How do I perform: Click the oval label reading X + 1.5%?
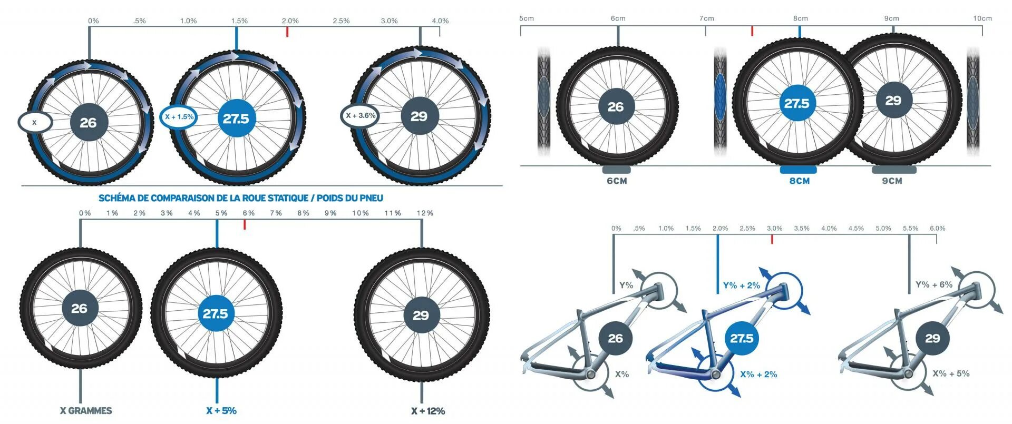coord(179,117)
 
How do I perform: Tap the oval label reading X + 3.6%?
coord(360,116)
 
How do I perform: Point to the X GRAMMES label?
coord(85,411)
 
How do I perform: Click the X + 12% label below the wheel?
coord(428,411)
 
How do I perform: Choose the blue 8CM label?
coord(799,181)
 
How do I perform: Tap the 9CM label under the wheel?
coord(892,181)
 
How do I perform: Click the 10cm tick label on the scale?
coord(982,18)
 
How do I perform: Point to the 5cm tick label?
coord(527,18)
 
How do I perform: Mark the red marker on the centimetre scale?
coord(752,31)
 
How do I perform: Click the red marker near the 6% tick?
coord(245,225)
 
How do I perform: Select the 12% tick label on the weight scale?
coord(425,213)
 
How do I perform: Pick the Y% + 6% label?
coord(934,284)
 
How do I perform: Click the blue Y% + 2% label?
coord(742,285)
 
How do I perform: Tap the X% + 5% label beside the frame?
coord(951,373)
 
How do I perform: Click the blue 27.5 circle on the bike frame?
coord(742,338)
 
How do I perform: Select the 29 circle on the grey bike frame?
coord(932,338)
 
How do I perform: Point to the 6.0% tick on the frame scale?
coord(937,229)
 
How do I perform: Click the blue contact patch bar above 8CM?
coord(799,170)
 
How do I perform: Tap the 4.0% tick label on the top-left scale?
coord(440,21)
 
